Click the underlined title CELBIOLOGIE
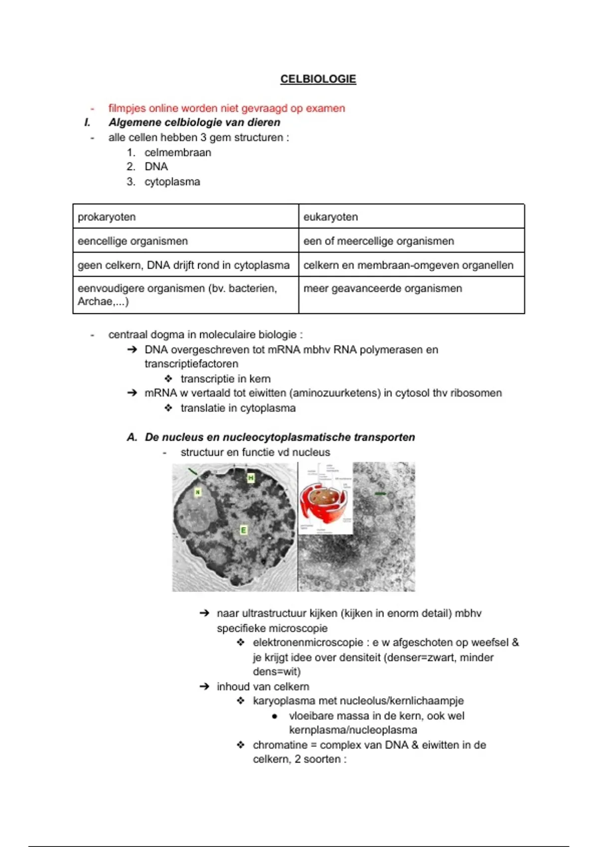(x=318, y=79)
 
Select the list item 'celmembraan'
(x=177, y=152)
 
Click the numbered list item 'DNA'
(x=156, y=167)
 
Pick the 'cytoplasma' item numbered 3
(x=172, y=182)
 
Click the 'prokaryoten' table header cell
(x=107, y=217)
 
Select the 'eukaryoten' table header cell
(x=330, y=217)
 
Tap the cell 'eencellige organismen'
(x=133, y=241)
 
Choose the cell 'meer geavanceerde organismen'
(x=382, y=288)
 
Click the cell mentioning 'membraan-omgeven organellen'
(x=408, y=265)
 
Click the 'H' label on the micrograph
(x=251, y=478)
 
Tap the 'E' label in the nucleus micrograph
(x=244, y=530)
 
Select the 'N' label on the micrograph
(x=197, y=492)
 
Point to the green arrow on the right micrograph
(x=380, y=494)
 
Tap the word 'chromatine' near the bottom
(x=280, y=745)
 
